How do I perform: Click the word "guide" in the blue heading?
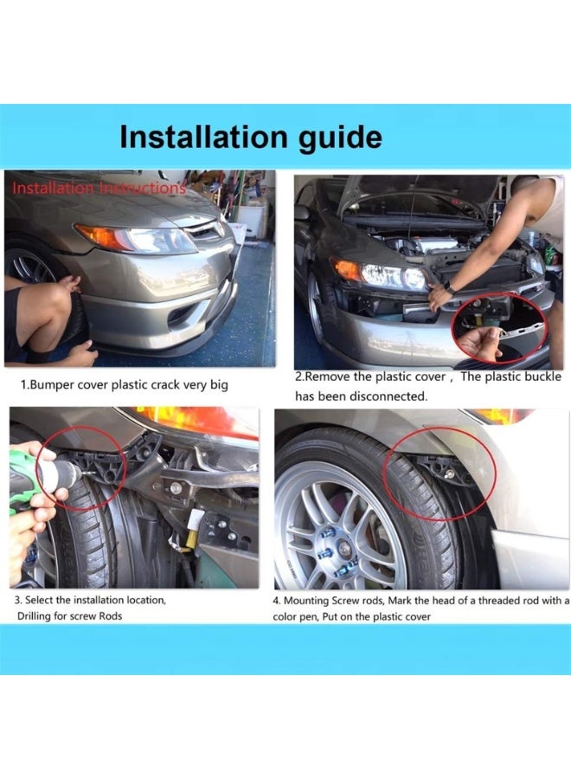(340, 138)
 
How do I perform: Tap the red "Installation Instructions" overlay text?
(99, 189)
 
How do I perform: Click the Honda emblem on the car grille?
(219, 229)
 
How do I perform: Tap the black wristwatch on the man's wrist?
(447, 287)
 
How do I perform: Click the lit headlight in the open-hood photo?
(392, 276)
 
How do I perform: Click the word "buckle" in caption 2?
(540, 377)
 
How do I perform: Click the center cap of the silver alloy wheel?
(344, 549)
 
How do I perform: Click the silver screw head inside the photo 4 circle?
(450, 473)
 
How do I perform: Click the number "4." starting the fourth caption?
(277, 601)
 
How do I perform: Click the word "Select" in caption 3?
(39, 600)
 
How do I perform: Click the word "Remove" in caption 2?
(325, 377)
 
